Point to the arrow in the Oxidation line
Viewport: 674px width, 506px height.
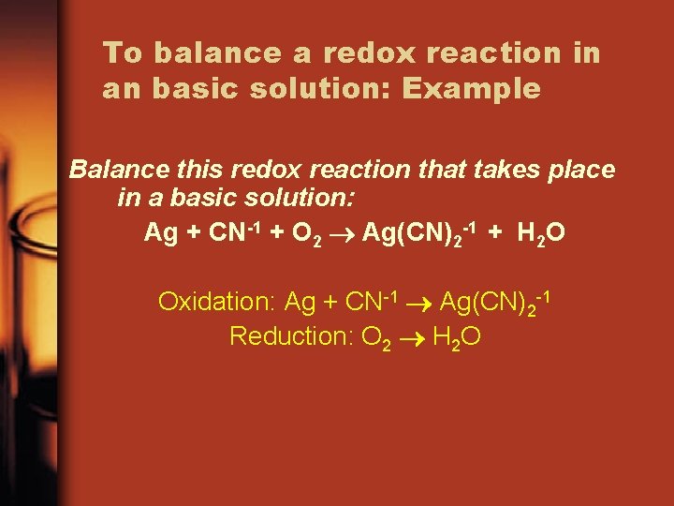pyautogui.click(x=420, y=303)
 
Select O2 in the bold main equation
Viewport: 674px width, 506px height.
pyautogui.click(x=308, y=232)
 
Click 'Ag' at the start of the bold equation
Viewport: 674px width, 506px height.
pyautogui.click(x=160, y=232)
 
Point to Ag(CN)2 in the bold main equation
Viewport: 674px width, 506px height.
pyautogui.click(x=418, y=232)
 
